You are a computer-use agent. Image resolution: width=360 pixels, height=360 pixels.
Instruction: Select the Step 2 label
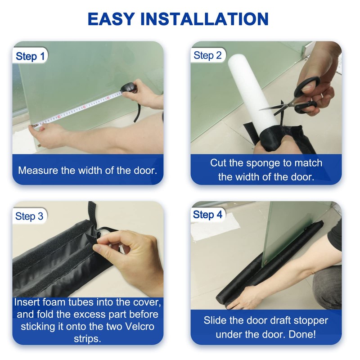(x=207, y=55)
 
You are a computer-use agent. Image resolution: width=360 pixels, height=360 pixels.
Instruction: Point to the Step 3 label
(x=29, y=216)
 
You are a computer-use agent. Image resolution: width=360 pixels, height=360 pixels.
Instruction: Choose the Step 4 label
(x=207, y=215)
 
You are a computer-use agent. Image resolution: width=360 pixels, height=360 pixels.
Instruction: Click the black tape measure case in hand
(x=130, y=86)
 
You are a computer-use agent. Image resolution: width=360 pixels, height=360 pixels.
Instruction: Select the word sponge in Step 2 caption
(x=263, y=163)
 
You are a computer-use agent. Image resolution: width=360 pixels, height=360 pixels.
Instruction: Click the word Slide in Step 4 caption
(x=216, y=320)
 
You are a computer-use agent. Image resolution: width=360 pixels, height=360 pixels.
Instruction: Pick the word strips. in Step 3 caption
(x=87, y=338)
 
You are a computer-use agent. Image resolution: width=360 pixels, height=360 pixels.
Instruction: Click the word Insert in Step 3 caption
(x=27, y=302)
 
